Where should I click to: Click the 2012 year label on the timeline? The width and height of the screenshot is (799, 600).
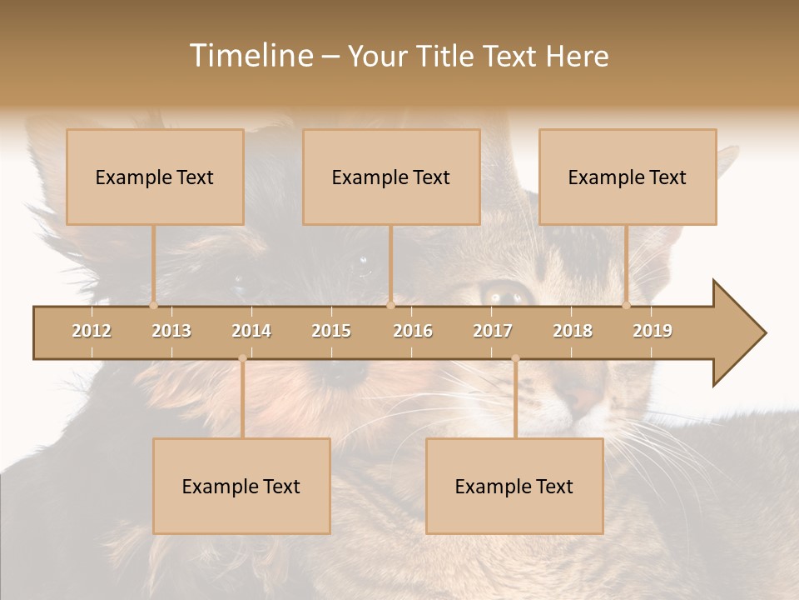[92, 331]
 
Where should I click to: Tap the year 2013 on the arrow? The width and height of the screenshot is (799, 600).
[171, 331]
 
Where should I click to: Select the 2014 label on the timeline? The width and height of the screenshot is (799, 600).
[251, 331]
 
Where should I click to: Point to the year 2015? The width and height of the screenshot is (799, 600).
[331, 331]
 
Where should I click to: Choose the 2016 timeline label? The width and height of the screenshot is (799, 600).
[413, 331]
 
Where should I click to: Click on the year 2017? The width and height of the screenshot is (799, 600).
[493, 331]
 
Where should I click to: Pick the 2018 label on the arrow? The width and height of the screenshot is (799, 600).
[573, 331]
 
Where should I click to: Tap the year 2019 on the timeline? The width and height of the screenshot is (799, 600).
[653, 331]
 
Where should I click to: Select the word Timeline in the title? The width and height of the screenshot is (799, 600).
[250, 56]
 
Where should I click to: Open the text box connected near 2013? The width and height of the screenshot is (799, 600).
[155, 177]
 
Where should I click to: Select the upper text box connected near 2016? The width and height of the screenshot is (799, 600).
[391, 177]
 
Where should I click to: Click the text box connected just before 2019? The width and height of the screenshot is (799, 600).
[628, 177]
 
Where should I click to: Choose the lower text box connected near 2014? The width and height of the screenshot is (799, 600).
[241, 486]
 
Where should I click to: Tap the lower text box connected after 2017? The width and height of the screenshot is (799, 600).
[514, 486]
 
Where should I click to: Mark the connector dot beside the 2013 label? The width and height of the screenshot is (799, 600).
[153, 305]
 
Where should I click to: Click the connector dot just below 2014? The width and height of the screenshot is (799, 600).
[242, 358]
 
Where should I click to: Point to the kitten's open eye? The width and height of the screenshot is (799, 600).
[504, 294]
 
